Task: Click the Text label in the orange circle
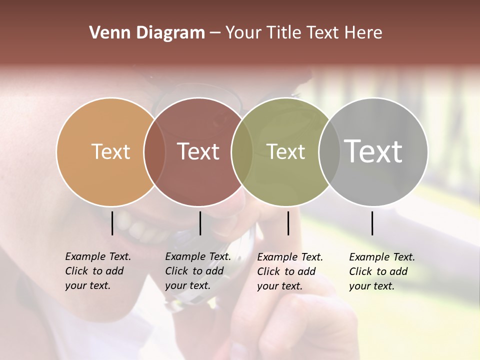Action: [x=110, y=151]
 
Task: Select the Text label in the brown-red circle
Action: [x=198, y=151]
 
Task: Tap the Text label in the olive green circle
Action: [x=285, y=151]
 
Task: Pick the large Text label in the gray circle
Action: [x=373, y=151]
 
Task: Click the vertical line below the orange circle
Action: [x=112, y=223]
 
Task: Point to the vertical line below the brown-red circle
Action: [x=200, y=223]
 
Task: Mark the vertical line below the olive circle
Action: [x=288, y=223]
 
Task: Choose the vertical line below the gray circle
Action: [x=372, y=223]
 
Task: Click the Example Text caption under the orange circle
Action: [x=97, y=271]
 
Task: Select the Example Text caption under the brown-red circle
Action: [x=197, y=271]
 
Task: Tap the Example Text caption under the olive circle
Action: [x=289, y=271]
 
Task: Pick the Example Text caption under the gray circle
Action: [x=381, y=271]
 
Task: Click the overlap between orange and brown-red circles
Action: [x=154, y=151]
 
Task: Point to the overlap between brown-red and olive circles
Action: [x=242, y=151]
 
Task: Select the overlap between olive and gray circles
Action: [x=329, y=151]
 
